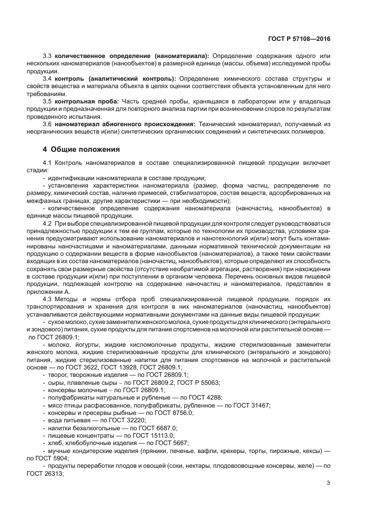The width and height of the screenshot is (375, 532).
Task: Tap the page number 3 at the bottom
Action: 328,483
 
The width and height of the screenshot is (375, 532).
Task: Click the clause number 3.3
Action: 48,56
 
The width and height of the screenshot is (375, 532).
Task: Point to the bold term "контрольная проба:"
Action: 85,101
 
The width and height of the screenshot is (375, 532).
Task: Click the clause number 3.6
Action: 48,123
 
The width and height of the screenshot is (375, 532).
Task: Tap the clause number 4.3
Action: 48,299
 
